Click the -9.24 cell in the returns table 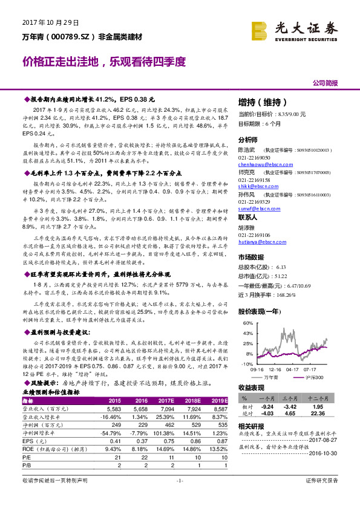tap(268, 407)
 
